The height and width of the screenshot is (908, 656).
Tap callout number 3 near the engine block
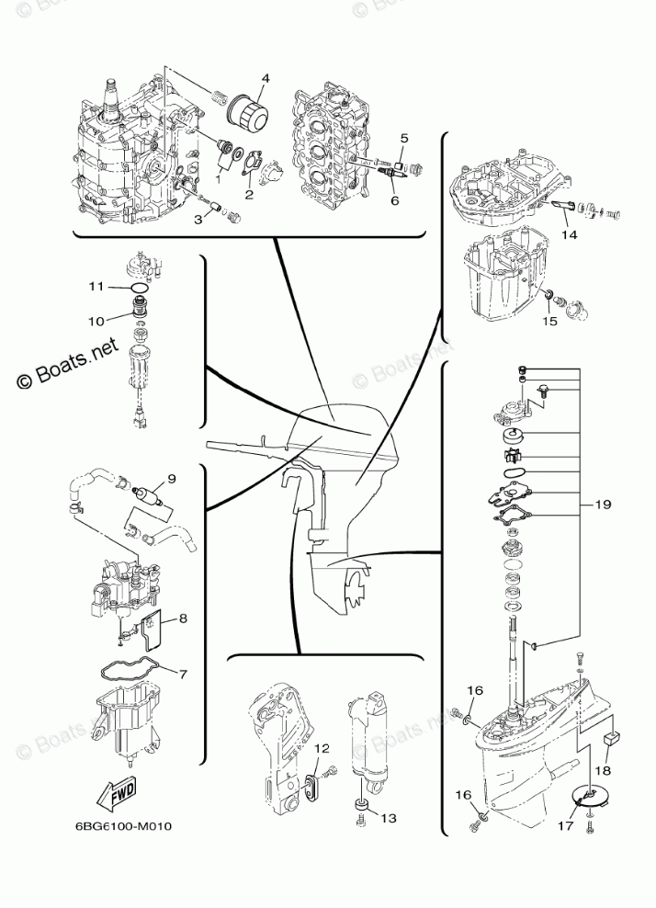(197, 218)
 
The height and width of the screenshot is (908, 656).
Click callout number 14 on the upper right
(571, 234)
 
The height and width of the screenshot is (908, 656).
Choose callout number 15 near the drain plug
(549, 322)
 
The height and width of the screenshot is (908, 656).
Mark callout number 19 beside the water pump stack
(602, 505)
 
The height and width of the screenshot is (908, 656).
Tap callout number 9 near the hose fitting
(171, 477)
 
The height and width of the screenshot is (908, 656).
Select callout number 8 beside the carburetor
(183, 619)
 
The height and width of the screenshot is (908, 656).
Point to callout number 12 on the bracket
(321, 749)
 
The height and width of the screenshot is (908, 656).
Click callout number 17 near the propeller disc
(563, 824)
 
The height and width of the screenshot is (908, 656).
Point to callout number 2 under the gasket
(249, 194)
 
